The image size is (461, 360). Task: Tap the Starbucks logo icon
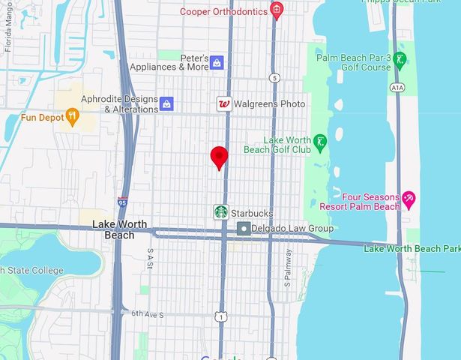[220, 212]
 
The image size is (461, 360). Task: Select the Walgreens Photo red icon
[223, 104]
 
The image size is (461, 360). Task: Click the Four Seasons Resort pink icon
[409, 199]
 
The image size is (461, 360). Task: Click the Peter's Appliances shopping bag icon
[217, 61]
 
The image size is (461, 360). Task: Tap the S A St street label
[151, 259]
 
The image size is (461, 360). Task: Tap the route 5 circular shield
[275, 77]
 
